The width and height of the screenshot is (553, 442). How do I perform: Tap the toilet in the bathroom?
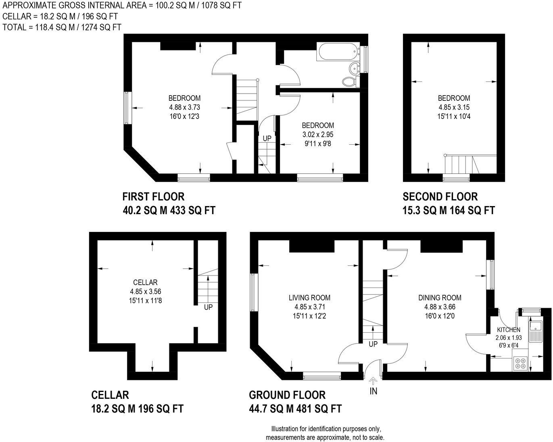coord(349,82)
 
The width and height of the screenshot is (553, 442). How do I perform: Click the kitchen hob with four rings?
coord(520,363)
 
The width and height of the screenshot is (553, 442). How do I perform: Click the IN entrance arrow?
coord(373,382)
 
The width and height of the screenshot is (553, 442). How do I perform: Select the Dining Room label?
coord(440,298)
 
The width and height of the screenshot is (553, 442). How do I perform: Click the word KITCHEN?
coord(508,329)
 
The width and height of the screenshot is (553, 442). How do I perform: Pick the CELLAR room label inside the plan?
coord(145,282)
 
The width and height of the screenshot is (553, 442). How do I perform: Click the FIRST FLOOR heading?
coord(153,196)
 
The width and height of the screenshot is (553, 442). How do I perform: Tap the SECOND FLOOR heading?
coord(440,196)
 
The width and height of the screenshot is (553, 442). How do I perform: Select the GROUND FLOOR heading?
coord(287,395)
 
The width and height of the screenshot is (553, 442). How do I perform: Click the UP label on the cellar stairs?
coord(208,307)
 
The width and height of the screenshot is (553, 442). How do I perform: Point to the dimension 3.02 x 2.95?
coord(318,134)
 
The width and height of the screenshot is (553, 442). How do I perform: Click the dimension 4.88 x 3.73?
coord(184,107)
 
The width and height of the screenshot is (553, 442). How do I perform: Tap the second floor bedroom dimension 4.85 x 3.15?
coord(454,107)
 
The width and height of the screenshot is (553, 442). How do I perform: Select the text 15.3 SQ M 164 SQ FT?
coord(449,210)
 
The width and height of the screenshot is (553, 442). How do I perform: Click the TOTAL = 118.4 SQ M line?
coord(62,27)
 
